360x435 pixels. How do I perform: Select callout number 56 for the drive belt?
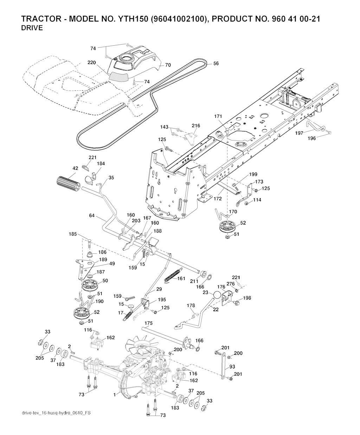pyautogui.click(x=216, y=64)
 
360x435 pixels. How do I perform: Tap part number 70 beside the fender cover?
pyautogui.click(x=168, y=65)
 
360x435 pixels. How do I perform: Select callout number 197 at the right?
pyautogui.click(x=299, y=133)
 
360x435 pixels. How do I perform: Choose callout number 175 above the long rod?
pyautogui.click(x=148, y=323)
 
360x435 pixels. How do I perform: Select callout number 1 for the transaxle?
pyautogui.click(x=115, y=395)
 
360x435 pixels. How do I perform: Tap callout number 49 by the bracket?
pyautogui.click(x=112, y=263)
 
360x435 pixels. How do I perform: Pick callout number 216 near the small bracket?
pyautogui.click(x=196, y=125)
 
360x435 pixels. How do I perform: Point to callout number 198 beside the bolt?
pyautogui.click(x=247, y=298)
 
